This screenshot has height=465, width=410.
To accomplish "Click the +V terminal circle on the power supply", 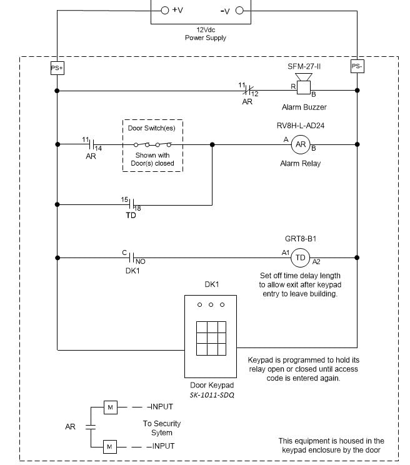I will point(165,10).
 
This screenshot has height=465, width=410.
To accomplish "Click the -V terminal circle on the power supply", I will point(238,10).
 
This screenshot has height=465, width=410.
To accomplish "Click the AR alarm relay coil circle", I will point(301,144).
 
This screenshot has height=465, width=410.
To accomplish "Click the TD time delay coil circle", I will point(301,257).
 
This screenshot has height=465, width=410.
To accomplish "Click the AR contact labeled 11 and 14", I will point(91,144).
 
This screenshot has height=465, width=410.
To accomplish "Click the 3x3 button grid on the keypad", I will point(211,339).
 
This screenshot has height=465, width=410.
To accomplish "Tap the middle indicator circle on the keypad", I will point(211,305).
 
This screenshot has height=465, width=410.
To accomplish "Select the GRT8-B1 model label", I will point(301,238).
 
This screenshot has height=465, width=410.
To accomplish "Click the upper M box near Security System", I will point(110,407).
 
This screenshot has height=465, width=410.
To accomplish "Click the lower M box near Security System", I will point(110,446).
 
